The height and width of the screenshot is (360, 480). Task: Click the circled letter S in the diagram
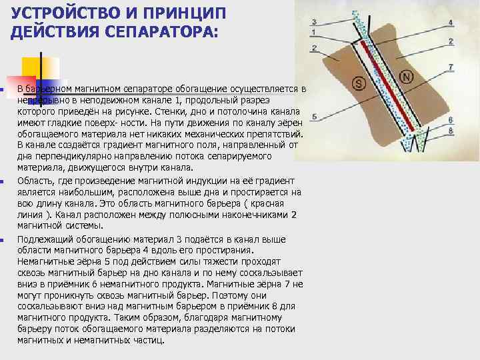(359, 83)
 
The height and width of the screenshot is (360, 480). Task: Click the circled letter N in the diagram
(406, 77)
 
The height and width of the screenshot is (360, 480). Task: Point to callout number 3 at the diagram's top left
(313, 22)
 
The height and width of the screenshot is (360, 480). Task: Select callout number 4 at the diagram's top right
(451, 22)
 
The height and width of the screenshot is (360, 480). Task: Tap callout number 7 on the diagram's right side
(451, 67)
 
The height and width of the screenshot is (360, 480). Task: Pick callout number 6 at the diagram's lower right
(451, 119)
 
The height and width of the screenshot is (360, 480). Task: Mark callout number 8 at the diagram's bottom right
(451, 131)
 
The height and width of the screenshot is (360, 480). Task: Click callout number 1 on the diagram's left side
(313, 32)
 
